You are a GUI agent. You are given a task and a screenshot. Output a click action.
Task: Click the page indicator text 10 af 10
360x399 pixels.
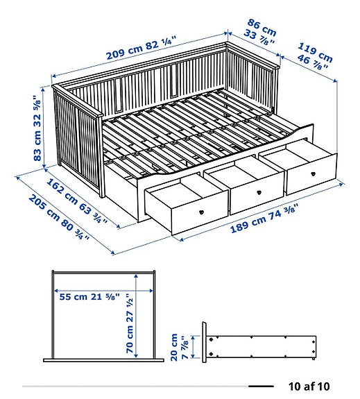pyautogui.click(x=309, y=386)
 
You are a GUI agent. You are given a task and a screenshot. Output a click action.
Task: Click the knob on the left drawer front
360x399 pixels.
pyautogui.click(x=200, y=212)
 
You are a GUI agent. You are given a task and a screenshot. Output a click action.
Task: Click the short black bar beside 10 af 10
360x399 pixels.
pyautogui.click(x=261, y=386)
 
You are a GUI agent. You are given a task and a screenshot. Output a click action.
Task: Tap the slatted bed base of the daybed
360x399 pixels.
pyautogui.click(x=187, y=128)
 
